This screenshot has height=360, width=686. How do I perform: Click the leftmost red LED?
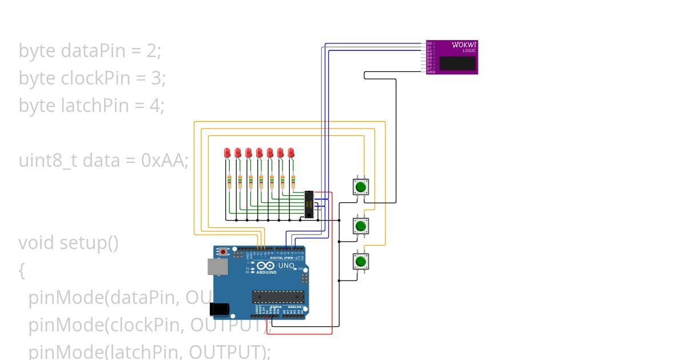coord(228,153)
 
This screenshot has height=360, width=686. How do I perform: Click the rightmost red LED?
coord(291,153)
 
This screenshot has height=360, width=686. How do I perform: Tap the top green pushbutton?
coord(361,187)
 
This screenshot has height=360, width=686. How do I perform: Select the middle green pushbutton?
coord(361,226)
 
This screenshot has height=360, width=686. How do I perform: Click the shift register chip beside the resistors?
coord(309,205)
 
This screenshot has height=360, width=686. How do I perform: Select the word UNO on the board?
coord(286,266)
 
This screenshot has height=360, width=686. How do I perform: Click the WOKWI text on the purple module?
coord(464,45)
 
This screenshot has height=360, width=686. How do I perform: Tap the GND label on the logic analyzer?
coord(431,72)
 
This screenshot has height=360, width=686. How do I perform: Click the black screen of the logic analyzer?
coord(457,63)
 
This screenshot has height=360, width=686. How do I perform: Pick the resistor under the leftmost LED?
coord(229,182)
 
